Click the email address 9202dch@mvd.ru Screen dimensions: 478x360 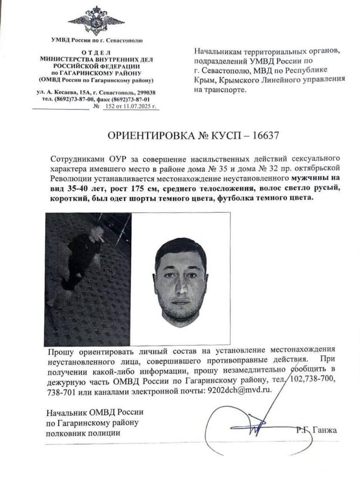[238, 390]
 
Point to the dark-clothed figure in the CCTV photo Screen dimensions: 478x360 [82, 257]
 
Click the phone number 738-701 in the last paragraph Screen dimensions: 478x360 [59, 391]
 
